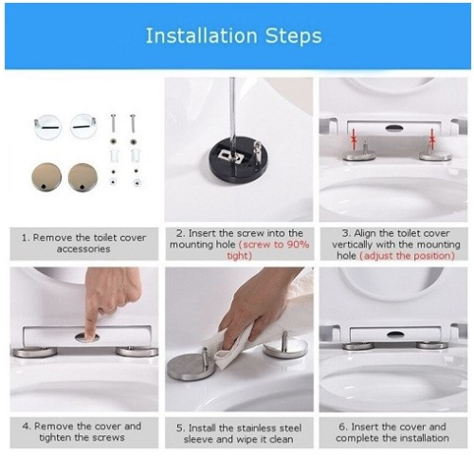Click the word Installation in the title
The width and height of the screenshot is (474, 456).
coord(200,37)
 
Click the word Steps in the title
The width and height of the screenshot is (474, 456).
coord(292,37)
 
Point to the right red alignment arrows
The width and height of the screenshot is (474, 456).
coord(432,139)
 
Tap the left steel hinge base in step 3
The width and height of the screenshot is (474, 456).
coord(359,155)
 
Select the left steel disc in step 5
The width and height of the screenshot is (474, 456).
coord(191,365)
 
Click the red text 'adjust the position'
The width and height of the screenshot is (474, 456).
coord(406,256)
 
